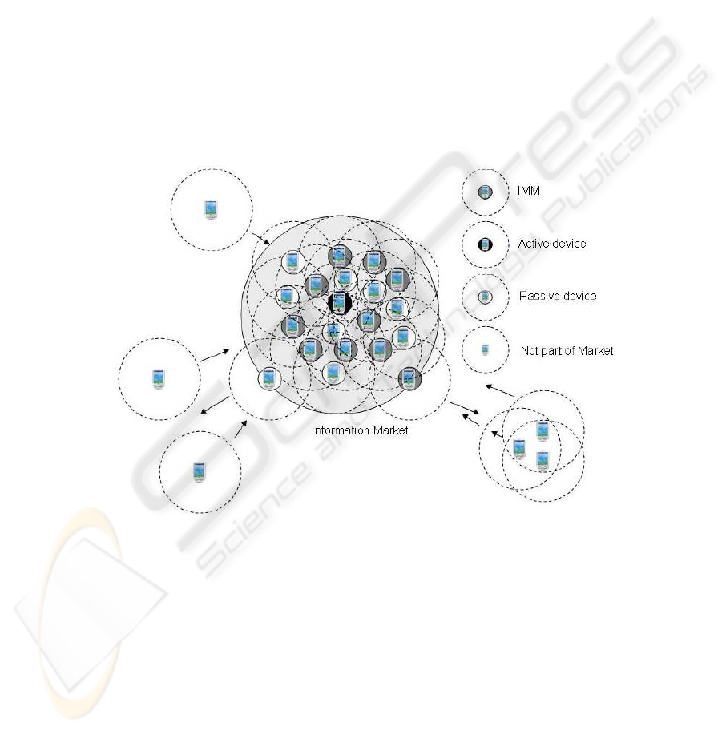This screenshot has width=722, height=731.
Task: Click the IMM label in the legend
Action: point(528,192)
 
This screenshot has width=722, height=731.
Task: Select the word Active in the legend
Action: point(533,244)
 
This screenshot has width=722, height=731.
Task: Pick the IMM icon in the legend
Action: point(485,192)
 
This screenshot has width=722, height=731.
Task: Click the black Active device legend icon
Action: point(485,244)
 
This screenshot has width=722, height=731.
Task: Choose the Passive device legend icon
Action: point(485,297)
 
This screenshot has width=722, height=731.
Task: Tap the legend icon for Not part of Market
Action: point(485,350)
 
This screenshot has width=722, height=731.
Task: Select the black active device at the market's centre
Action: point(339,303)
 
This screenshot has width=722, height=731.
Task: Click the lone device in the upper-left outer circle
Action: point(211,209)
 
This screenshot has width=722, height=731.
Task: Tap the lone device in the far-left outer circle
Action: point(158,378)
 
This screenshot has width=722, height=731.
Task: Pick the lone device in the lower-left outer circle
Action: point(199,471)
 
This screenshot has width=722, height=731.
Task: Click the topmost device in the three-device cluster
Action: point(543,431)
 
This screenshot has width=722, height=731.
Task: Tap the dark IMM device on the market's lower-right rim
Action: point(409,378)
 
